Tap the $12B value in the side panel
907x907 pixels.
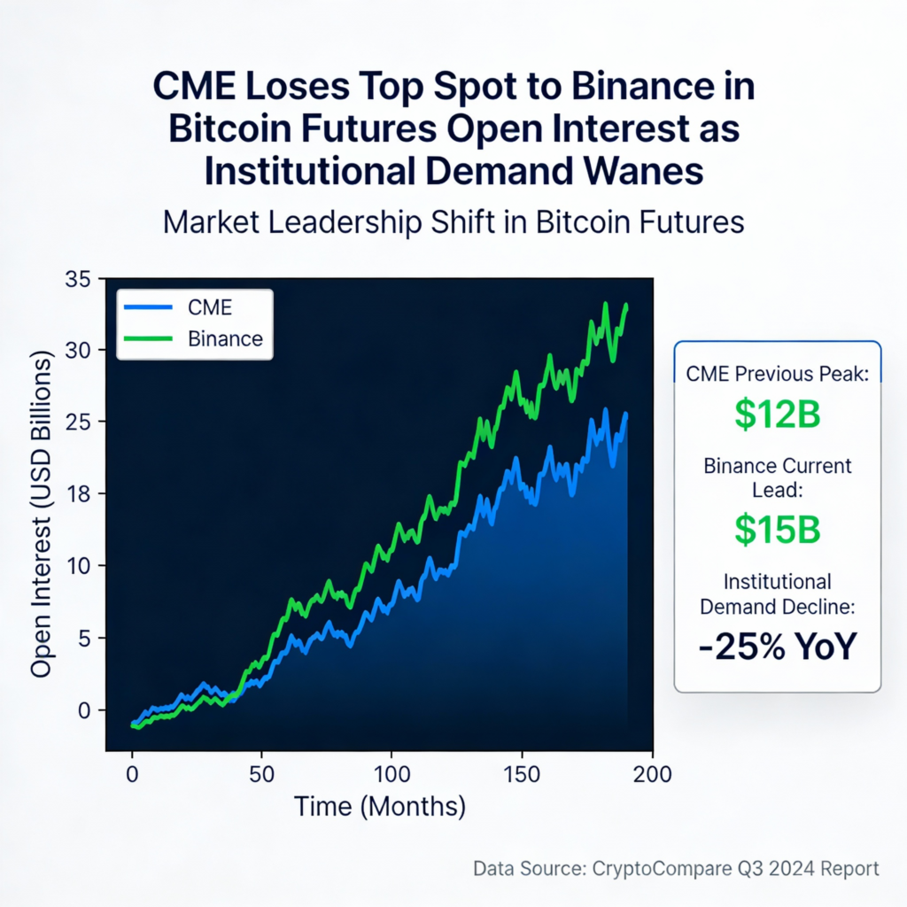pyautogui.click(x=778, y=415)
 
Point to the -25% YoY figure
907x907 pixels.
pyautogui.click(x=778, y=647)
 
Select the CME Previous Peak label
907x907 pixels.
pyautogui.click(x=778, y=374)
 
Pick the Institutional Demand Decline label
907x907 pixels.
pyautogui.click(x=778, y=594)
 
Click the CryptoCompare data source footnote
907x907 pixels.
pyautogui.click(x=676, y=868)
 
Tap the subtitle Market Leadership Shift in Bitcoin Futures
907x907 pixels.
pyautogui.click(x=453, y=221)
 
